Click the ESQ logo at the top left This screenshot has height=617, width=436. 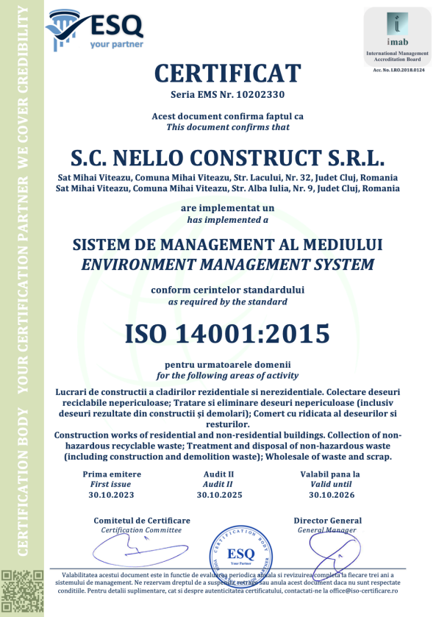point(94,31)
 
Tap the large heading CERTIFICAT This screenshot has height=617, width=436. point(227,74)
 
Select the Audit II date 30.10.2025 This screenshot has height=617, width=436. point(219,495)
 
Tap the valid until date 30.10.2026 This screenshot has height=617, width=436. point(330,495)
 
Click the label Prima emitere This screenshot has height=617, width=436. point(111,474)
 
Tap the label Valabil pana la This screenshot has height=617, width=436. point(330,474)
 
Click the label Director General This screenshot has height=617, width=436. point(328,521)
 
